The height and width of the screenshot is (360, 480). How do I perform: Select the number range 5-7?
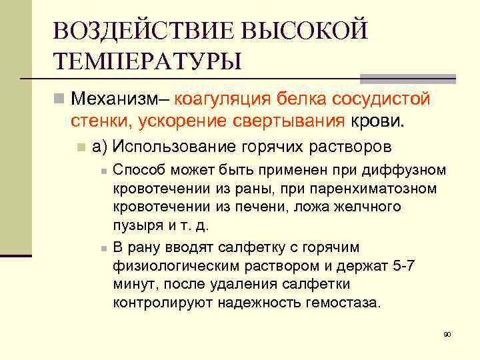coord(403,266)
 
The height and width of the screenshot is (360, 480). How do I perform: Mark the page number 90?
coord(447,333)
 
